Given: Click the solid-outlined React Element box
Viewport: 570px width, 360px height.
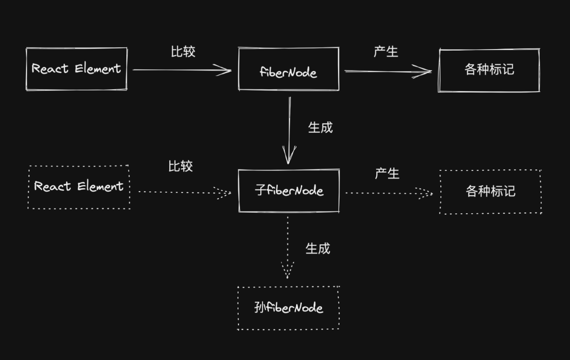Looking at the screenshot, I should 76,69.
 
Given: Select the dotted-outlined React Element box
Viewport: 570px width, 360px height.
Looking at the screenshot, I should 79,187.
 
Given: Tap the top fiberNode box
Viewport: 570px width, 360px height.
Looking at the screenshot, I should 289,69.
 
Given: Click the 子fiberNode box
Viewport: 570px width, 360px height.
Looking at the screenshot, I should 289,191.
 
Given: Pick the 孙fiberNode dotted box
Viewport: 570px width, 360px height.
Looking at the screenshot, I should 289,308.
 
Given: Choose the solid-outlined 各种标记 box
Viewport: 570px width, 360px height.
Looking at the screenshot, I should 489,70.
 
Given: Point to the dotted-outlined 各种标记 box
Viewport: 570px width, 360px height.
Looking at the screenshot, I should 490,192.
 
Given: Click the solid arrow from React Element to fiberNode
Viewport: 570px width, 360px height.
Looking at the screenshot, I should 182,70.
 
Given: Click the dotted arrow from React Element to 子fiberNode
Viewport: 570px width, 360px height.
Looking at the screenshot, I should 184,192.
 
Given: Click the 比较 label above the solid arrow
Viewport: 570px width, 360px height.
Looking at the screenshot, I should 183,51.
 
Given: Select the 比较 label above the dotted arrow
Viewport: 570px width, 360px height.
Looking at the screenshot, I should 181,166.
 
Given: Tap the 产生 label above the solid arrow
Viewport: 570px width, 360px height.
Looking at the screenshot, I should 386,51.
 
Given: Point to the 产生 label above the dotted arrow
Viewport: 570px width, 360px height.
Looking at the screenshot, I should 387,174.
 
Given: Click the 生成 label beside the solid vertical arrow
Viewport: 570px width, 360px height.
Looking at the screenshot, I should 320,127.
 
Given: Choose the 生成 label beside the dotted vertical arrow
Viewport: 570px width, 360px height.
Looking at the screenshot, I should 318,249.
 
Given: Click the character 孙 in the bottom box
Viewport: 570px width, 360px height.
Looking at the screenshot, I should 260,308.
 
